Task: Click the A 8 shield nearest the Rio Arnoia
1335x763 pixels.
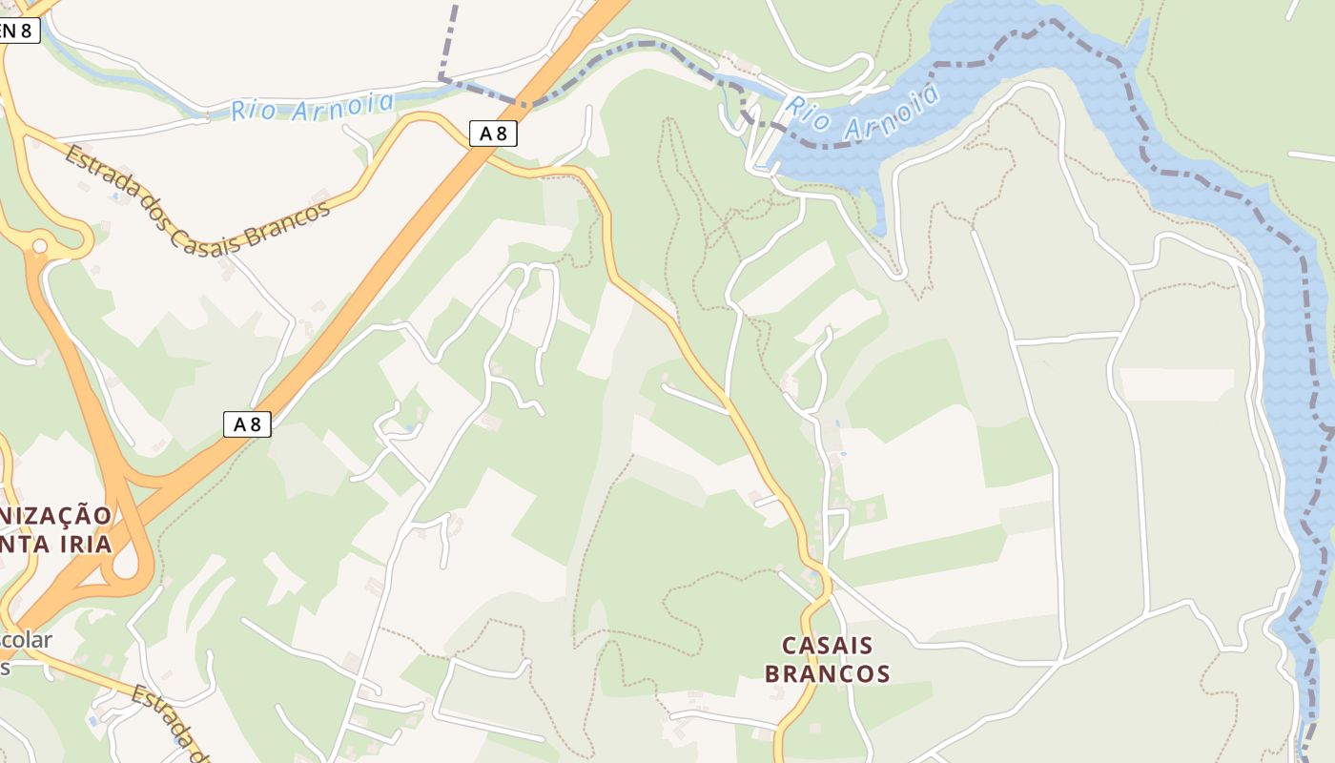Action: [x=493, y=134]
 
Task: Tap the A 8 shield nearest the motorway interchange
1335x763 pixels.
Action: [x=247, y=423]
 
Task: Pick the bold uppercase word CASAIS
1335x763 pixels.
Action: [x=827, y=646]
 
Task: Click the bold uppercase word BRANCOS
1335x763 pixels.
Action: [x=827, y=673]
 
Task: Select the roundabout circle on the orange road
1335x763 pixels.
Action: [x=39, y=247]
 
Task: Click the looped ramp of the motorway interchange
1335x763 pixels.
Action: [x=129, y=563]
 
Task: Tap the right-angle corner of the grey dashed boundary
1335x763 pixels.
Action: [x=441, y=76]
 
